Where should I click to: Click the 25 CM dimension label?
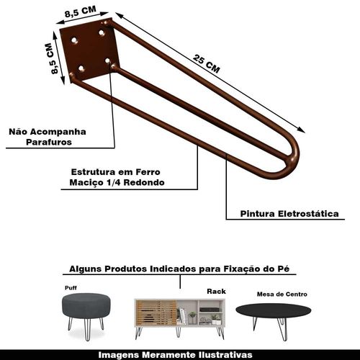click(x=207, y=64)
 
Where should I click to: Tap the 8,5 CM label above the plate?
click(x=81, y=12)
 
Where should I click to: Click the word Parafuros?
click(x=49, y=142)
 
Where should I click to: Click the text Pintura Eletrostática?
click(x=289, y=214)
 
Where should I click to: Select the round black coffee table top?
click(x=273, y=310)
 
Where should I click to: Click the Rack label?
click(x=216, y=292)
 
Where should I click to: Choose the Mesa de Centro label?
click(x=282, y=294)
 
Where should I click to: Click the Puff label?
click(x=71, y=288)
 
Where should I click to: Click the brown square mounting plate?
click(x=89, y=50)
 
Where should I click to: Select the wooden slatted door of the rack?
click(x=156, y=312)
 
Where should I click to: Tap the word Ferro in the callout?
click(x=148, y=172)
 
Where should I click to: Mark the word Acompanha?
click(x=58, y=132)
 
